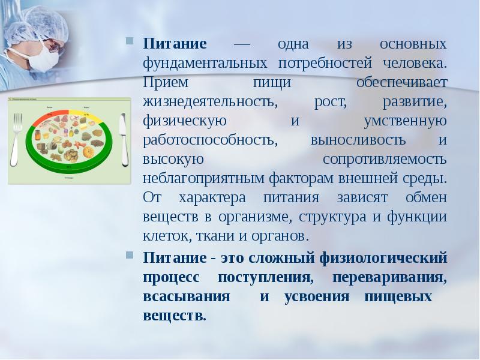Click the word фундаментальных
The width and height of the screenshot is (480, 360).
205,62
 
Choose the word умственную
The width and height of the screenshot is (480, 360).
406,121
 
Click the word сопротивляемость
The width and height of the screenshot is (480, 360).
385,160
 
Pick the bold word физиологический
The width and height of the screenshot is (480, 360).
391,258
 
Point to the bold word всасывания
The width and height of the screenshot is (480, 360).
187,297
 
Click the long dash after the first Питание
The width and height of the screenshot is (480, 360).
242,44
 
